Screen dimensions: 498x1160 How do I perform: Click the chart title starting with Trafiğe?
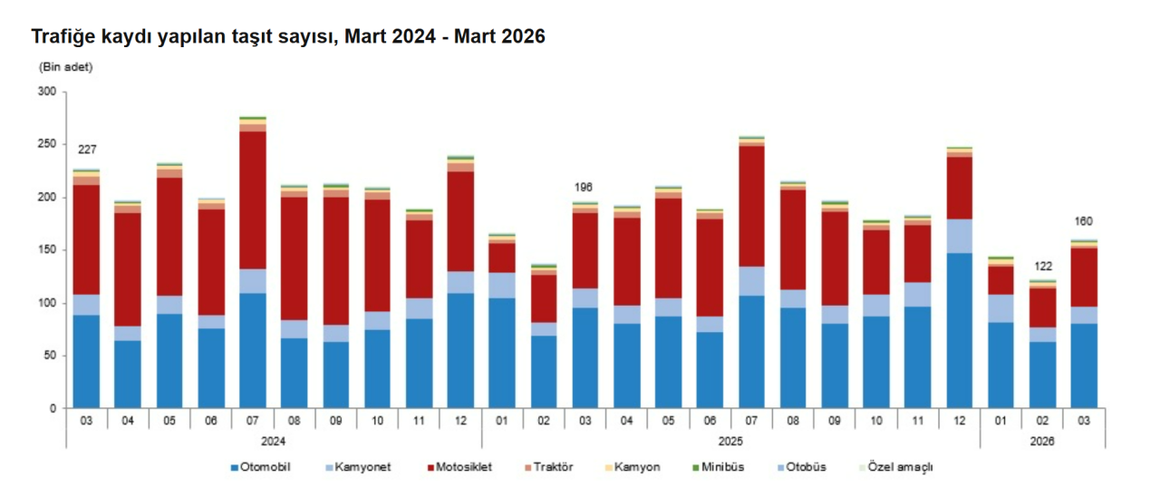click(x=288, y=37)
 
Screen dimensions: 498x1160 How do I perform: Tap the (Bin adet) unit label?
click(x=65, y=67)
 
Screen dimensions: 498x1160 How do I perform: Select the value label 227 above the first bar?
click(x=87, y=150)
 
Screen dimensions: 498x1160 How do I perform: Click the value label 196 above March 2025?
click(x=585, y=188)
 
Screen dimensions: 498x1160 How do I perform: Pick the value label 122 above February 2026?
click(x=1042, y=267)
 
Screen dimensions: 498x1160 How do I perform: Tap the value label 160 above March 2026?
click(x=1084, y=221)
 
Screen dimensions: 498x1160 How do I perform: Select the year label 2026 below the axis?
click(x=1042, y=440)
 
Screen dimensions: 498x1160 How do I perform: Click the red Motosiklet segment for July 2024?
click(x=253, y=200)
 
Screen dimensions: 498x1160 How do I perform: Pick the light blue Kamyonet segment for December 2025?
click(x=959, y=236)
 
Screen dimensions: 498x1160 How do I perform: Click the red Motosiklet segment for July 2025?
click(x=751, y=206)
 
